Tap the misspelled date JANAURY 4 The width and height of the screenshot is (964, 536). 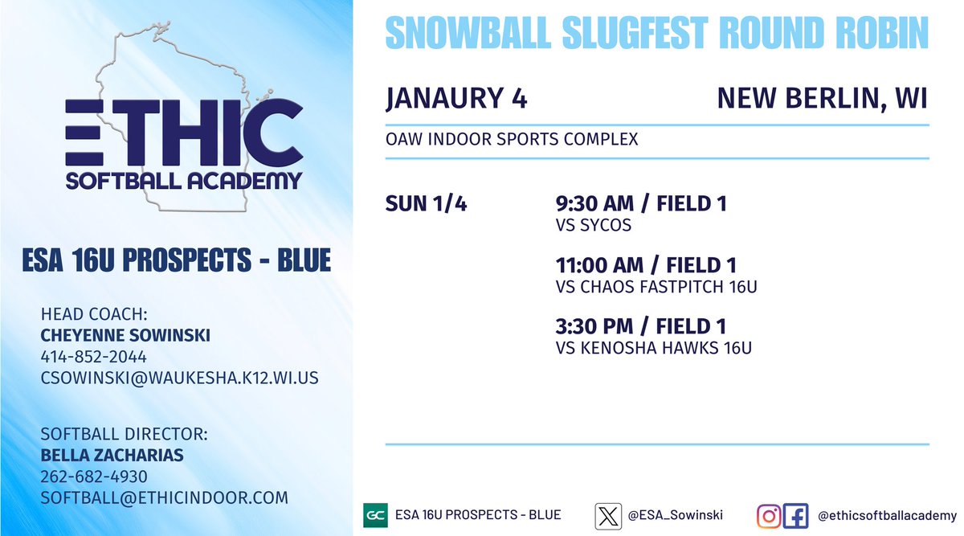point(456,98)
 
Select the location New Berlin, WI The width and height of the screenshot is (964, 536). point(822,98)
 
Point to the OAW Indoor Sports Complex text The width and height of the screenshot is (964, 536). point(512,140)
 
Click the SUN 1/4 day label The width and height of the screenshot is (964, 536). point(426,204)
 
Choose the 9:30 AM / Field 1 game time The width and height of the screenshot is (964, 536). point(640,204)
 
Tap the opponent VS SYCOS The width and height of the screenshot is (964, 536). point(593,226)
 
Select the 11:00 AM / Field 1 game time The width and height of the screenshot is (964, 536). point(645,265)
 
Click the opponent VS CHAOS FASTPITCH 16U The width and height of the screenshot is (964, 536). point(656,287)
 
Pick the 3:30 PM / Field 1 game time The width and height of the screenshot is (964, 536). point(640,326)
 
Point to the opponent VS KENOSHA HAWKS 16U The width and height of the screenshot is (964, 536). point(653,348)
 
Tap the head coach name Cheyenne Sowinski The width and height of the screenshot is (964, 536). point(125,336)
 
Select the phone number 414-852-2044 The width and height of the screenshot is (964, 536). point(93,356)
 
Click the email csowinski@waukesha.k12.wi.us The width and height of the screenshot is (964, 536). point(179,377)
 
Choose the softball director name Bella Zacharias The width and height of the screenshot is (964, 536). point(112,456)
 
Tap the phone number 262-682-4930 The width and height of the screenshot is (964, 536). point(93,477)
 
